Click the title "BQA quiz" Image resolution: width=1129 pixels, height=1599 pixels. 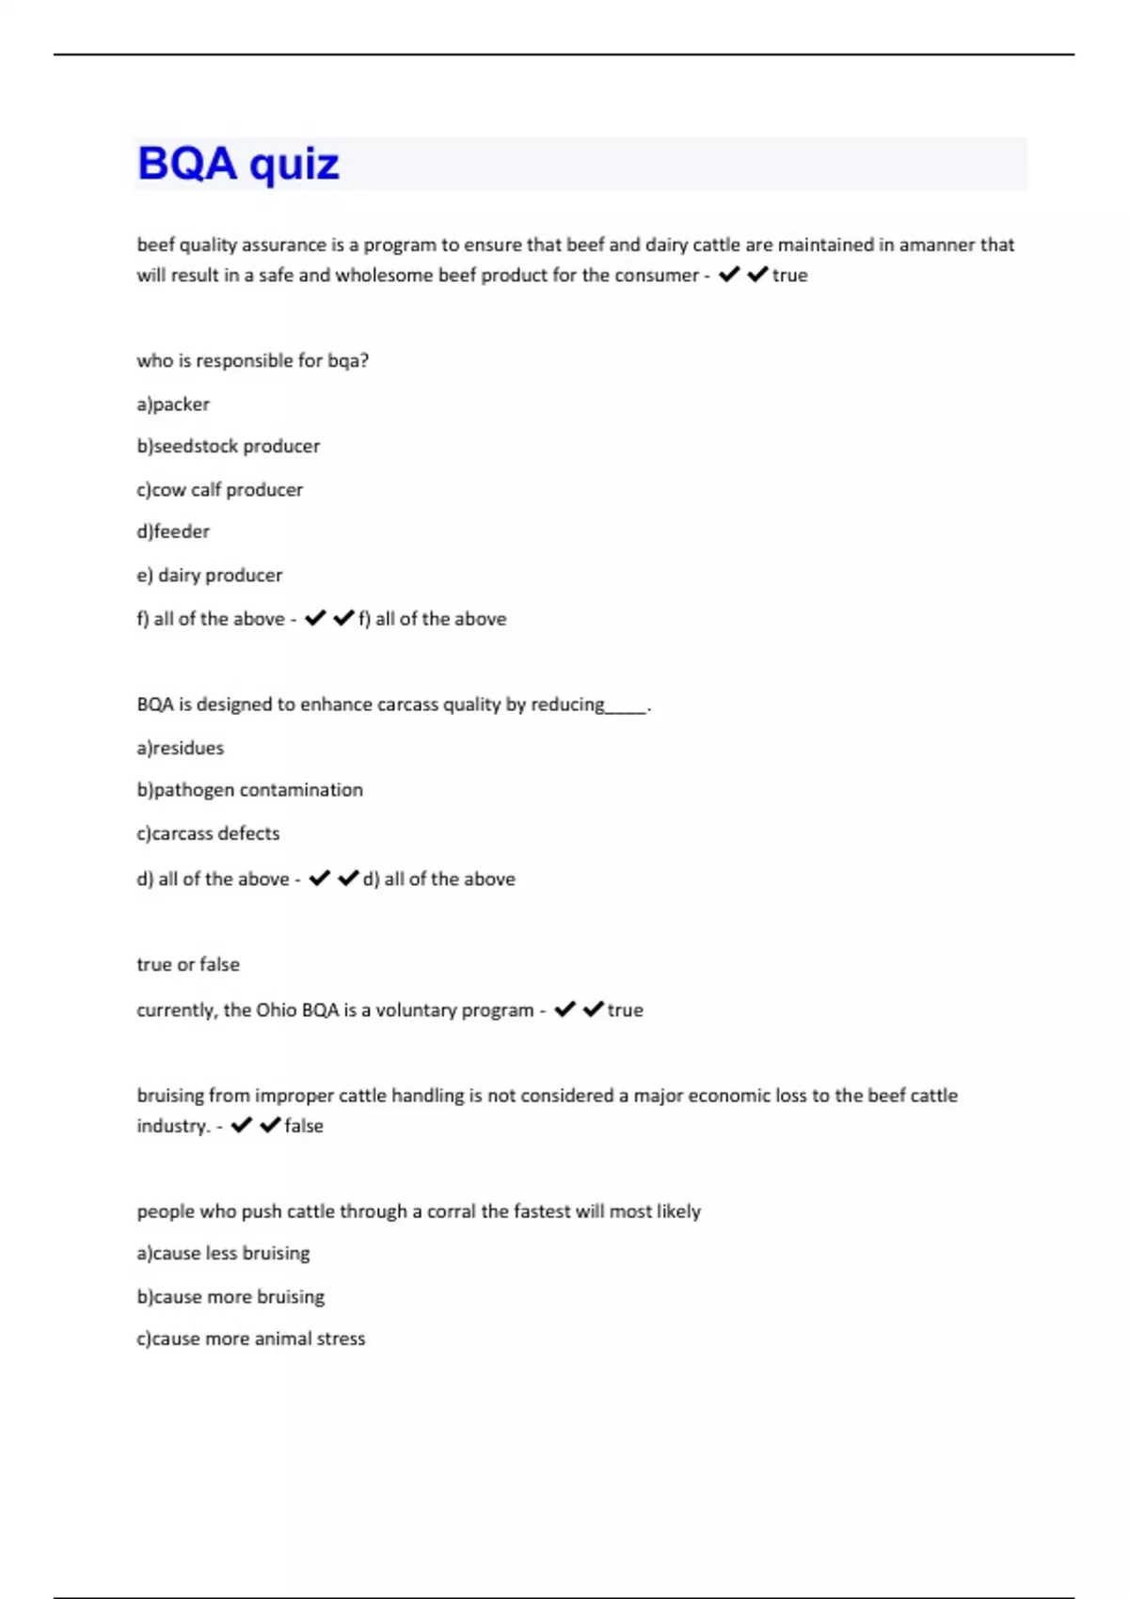tap(238, 164)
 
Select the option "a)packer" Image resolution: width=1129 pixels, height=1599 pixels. tap(173, 404)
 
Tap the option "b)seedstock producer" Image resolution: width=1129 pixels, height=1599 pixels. tap(229, 446)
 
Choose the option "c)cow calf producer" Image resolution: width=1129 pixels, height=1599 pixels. tap(220, 490)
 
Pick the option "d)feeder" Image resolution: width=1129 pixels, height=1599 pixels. tap(173, 531)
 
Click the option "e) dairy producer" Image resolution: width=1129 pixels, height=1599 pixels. tap(210, 575)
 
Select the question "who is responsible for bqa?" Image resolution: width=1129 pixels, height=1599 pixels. tap(253, 360)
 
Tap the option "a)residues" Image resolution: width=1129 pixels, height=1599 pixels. tap(181, 748)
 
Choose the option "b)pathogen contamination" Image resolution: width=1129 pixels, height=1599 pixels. tap(250, 790)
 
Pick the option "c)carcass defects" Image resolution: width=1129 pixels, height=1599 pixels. tap(208, 833)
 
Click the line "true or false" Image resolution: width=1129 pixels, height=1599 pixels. tap(188, 964)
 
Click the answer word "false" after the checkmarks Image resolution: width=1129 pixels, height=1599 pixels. tap(304, 1126)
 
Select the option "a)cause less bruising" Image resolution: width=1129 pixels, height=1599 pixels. tap(223, 1253)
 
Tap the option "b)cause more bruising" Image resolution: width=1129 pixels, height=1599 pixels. tap(231, 1296)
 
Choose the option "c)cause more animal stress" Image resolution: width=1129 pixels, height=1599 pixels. tap(251, 1338)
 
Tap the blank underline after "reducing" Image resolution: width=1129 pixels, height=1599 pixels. tap(627, 706)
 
